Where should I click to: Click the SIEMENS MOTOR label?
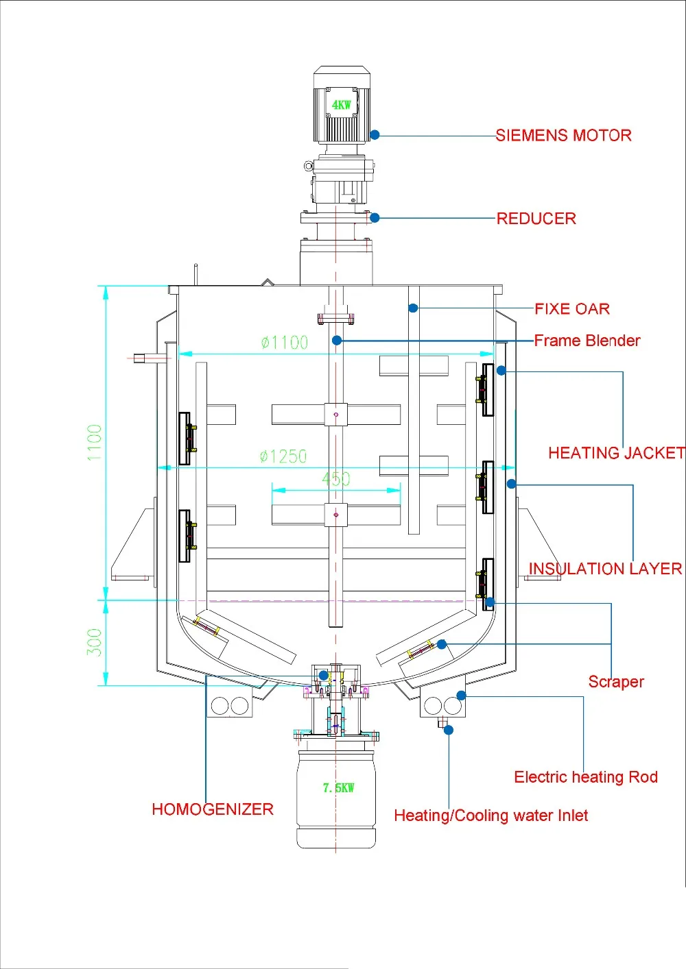click(x=563, y=136)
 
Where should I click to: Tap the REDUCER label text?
click(x=536, y=219)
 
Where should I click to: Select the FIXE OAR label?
click(x=572, y=309)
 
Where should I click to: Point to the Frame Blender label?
click(x=587, y=341)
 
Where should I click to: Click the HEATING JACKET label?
click(x=616, y=453)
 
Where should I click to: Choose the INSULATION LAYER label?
click(x=605, y=569)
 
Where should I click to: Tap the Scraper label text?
click(x=616, y=682)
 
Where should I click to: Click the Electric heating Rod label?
click(x=586, y=777)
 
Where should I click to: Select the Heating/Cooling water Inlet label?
click(x=490, y=815)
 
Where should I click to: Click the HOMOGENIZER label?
click(x=213, y=809)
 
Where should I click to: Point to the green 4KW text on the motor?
click(x=341, y=105)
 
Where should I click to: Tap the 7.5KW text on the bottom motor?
click(x=338, y=787)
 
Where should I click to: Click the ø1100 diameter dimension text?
click(x=284, y=343)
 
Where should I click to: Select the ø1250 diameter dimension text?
click(x=283, y=456)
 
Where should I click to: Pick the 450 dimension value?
click(x=336, y=478)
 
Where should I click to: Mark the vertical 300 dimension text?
click(x=94, y=642)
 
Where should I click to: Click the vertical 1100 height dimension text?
click(x=94, y=443)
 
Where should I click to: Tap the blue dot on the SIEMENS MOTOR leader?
click(x=375, y=135)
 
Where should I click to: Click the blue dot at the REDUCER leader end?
click(x=375, y=218)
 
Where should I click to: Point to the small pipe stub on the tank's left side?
click(x=141, y=357)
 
